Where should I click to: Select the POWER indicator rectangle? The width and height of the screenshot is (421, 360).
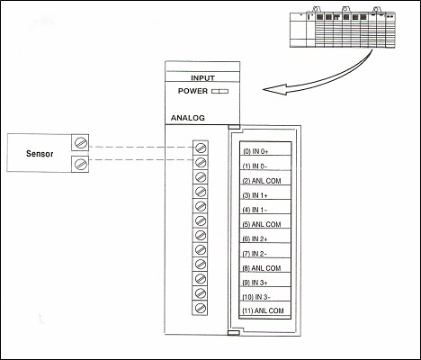220,91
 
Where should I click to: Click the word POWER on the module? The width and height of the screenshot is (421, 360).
193,91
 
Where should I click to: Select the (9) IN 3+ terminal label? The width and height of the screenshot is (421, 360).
259,281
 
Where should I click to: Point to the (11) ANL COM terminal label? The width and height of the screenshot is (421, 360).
264,310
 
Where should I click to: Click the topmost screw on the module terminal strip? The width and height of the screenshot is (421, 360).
201,147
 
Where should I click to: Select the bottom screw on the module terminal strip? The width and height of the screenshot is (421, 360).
201,308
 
